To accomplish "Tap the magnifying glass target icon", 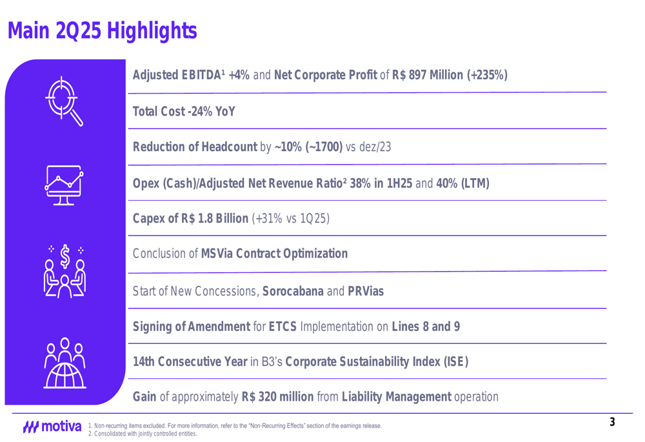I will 64,101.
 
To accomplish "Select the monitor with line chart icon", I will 64,185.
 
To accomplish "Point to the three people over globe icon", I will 64,363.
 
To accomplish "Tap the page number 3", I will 612,423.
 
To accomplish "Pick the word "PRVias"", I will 366,291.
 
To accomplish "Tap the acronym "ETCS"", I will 282,326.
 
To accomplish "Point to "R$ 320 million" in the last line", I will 277,396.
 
